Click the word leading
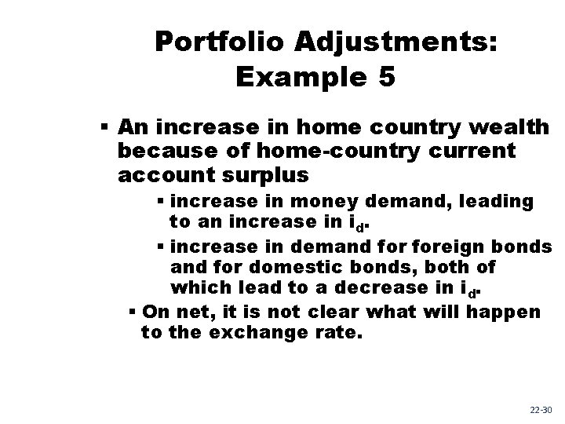click(494, 202)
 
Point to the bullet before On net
click(132, 312)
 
